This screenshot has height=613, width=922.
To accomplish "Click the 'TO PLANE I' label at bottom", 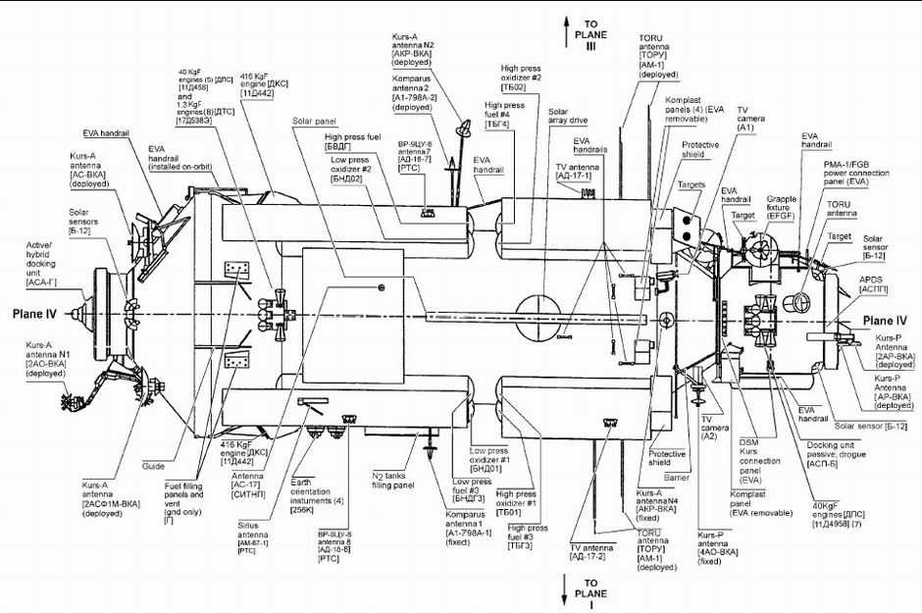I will pos(589,586).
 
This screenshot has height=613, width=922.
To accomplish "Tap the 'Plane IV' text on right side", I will pos(884,320).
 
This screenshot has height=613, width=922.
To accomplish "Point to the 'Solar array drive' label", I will pos(567,117).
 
